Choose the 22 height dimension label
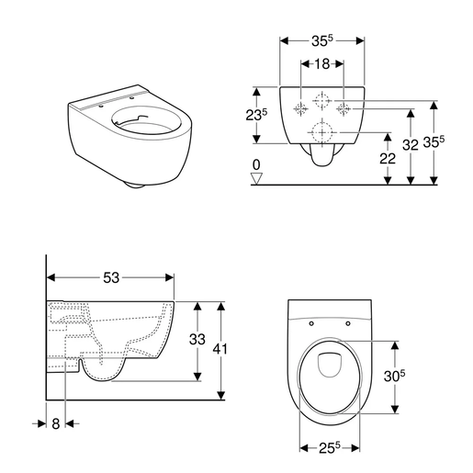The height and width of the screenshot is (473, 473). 389,158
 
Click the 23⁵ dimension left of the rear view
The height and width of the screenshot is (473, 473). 259,116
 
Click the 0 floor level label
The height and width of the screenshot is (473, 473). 258,164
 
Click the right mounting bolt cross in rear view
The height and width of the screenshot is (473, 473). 344,109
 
